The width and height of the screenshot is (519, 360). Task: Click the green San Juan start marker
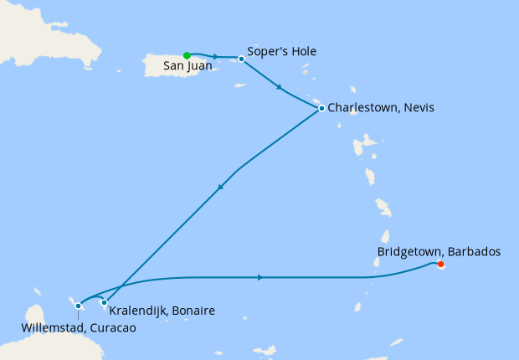(x=187, y=56)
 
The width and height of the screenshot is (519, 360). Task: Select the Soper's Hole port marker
(x=241, y=59)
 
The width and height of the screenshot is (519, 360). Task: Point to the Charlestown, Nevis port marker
(x=321, y=108)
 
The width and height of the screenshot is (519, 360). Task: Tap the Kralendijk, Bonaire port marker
(x=104, y=302)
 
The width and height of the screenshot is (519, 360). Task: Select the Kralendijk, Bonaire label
(x=162, y=311)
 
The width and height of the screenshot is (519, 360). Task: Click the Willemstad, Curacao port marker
(x=78, y=306)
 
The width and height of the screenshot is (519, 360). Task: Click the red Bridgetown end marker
(x=440, y=265)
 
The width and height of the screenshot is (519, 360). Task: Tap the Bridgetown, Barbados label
(x=439, y=251)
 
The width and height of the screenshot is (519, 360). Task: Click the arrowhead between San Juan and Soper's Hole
(x=217, y=57)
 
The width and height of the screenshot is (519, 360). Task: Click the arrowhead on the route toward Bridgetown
(x=261, y=277)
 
